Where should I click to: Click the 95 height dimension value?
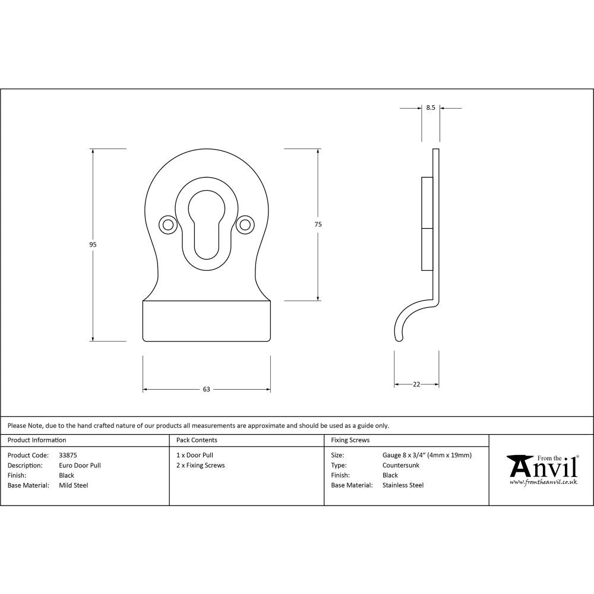point(93,245)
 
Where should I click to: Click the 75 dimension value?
point(318,224)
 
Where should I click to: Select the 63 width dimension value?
point(206,390)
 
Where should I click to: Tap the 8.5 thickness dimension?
point(431,108)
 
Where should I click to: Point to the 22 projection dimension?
point(416,384)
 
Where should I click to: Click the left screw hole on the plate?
point(168,225)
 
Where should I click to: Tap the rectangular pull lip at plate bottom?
point(206,321)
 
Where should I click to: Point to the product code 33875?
point(68,456)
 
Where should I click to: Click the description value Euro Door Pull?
point(80,466)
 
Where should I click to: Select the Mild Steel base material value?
point(74,485)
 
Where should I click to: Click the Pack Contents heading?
point(197,440)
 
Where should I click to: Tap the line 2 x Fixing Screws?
point(201,466)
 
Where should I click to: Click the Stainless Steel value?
point(403,485)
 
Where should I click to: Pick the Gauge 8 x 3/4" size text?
point(427,456)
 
